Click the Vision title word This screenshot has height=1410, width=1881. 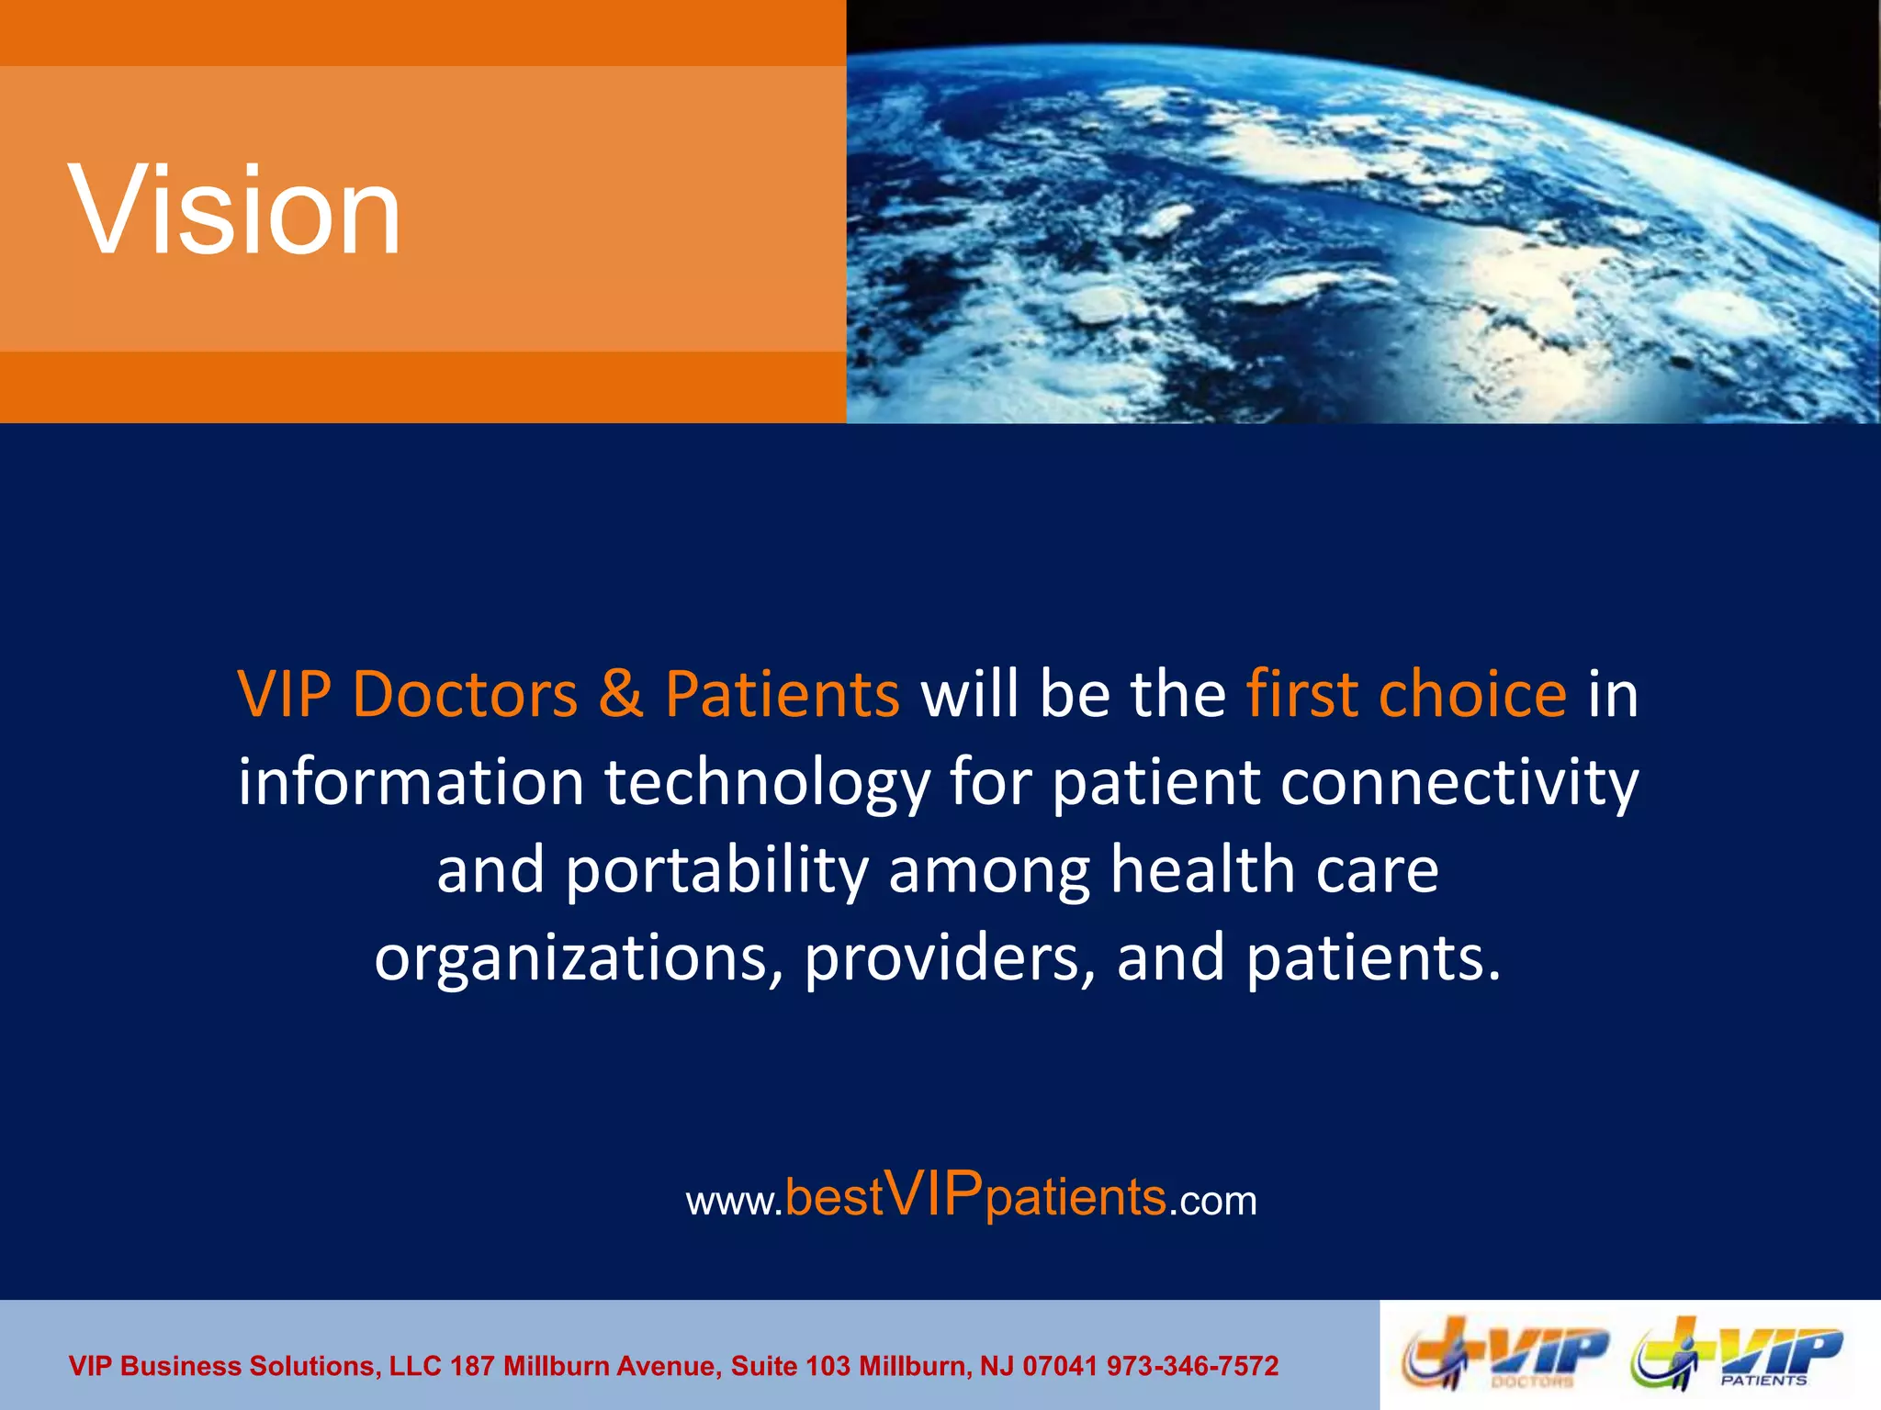tap(235, 209)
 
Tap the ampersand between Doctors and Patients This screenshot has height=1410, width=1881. tap(621, 694)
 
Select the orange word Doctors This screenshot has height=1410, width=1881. tap(465, 694)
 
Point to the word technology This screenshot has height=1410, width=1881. tap(767, 784)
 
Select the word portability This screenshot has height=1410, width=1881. tap(716, 870)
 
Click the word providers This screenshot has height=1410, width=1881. tap(950, 958)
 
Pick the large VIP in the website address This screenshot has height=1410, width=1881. tap(935, 1194)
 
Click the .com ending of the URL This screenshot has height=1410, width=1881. tap(1213, 1201)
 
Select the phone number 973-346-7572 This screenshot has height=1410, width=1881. tap(1192, 1366)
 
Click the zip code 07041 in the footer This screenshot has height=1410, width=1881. tap(1060, 1366)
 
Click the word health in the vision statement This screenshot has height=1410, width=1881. tap(1202, 870)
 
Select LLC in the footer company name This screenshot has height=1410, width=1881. tap(415, 1366)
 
